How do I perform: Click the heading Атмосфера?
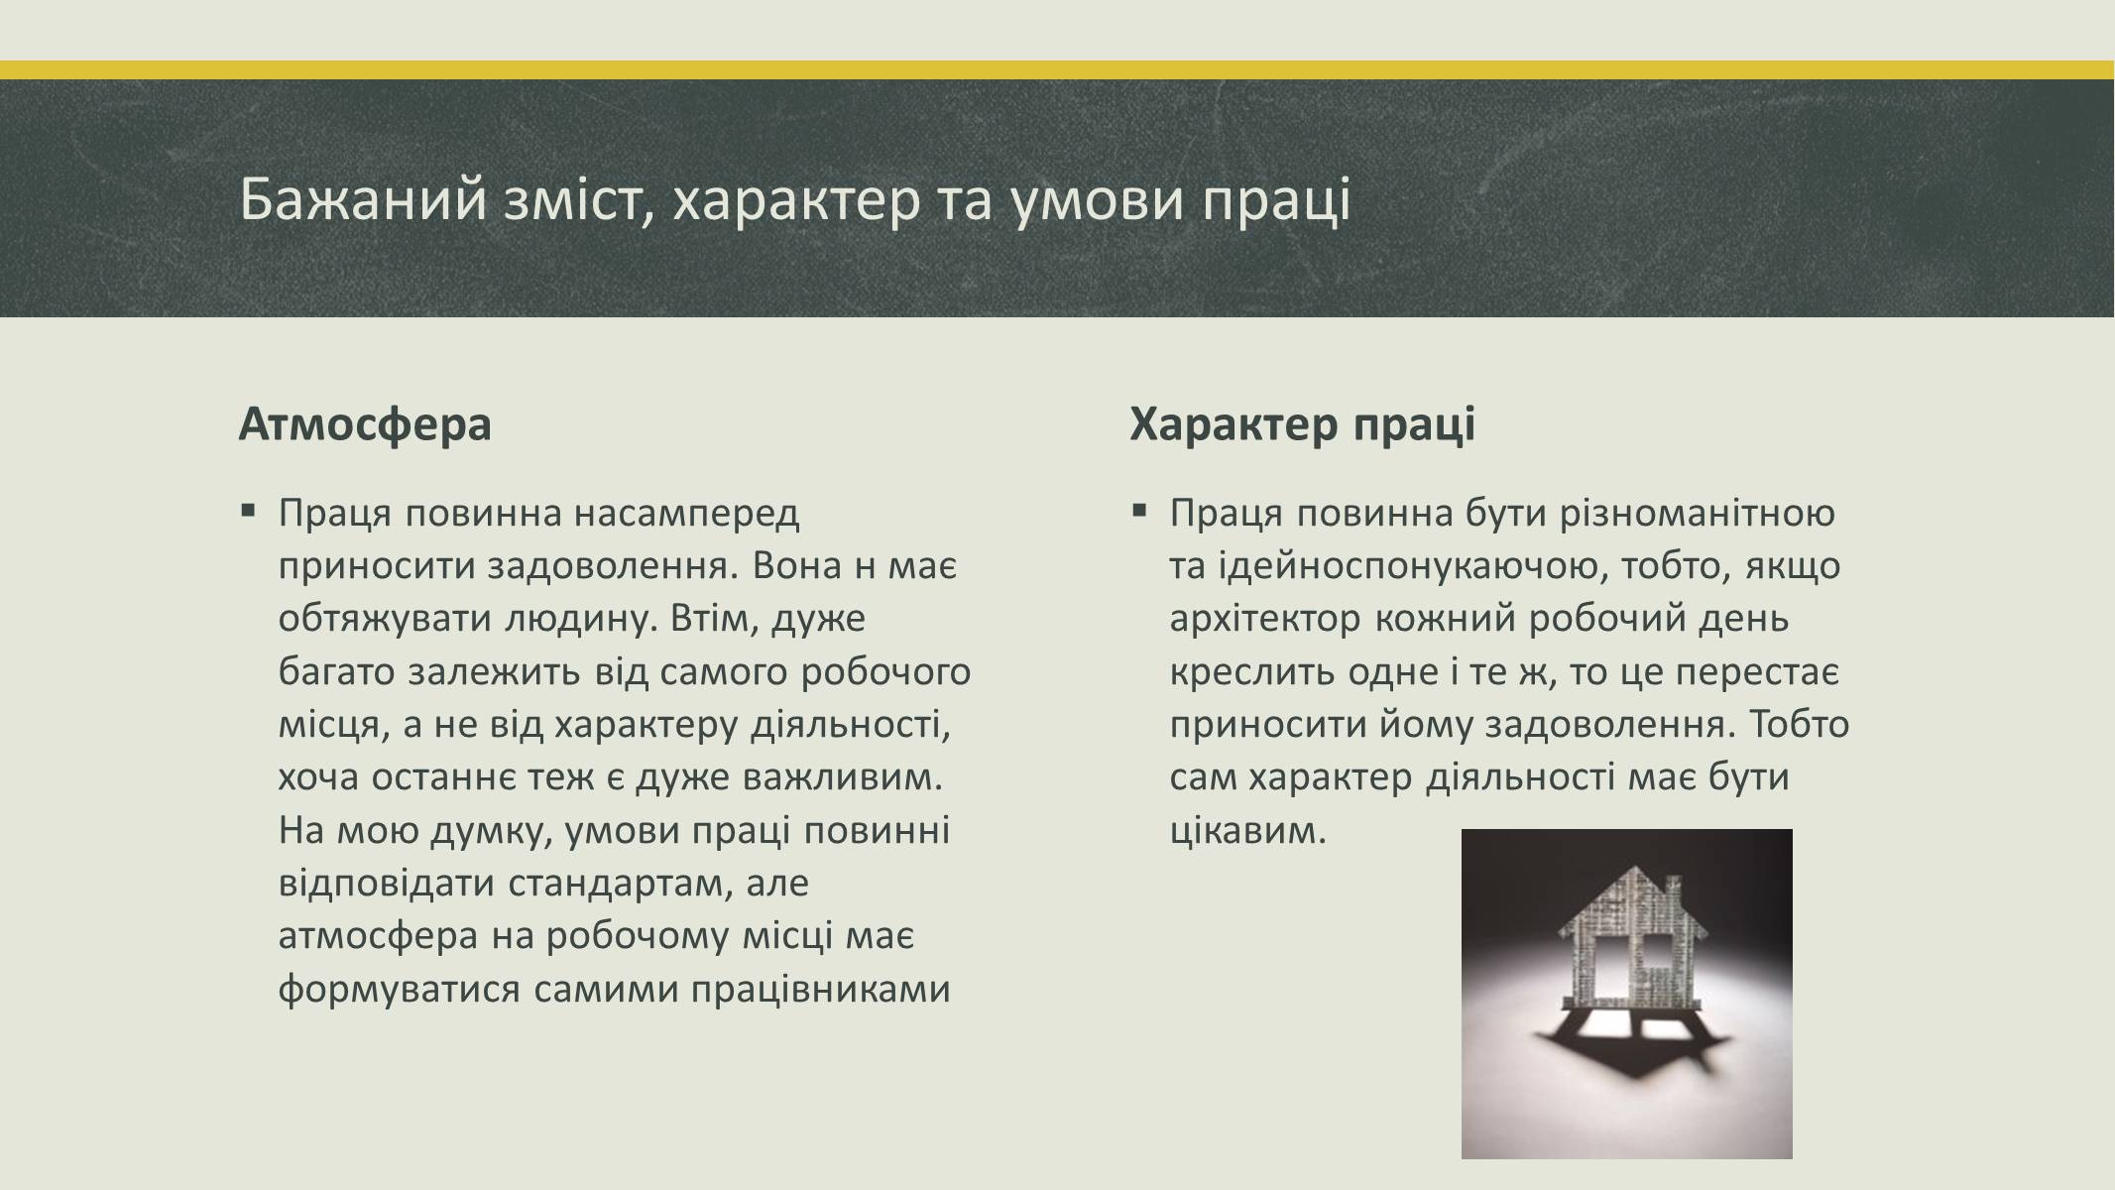pos(365,424)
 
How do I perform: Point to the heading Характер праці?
pos(1302,424)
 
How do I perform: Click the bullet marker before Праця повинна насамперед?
pos(247,512)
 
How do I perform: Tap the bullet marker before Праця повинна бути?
pos(1139,512)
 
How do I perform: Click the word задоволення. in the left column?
pos(613,566)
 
